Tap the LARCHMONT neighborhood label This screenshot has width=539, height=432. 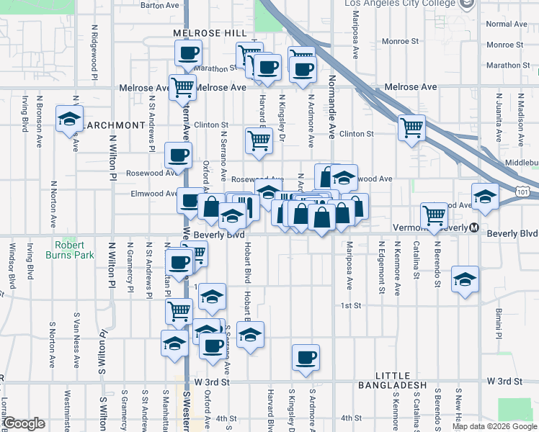tap(112, 125)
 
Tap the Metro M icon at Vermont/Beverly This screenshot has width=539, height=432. tap(474, 228)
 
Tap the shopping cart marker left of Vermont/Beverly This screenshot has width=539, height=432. tap(434, 215)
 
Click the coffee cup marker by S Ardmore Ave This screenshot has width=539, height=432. tap(306, 357)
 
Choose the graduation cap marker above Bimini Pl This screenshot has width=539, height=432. tap(465, 279)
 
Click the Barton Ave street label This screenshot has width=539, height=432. tap(159, 5)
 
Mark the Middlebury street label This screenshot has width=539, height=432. tap(522, 163)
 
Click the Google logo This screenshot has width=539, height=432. tap(24, 423)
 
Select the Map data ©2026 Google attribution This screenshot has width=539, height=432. tap(494, 426)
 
